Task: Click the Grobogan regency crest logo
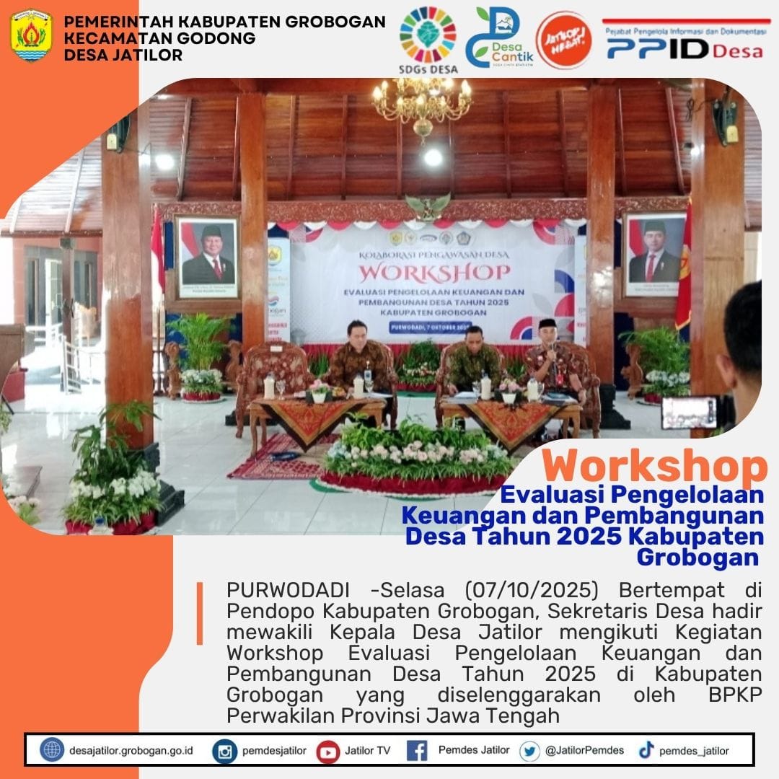31,35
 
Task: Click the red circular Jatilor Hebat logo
564,40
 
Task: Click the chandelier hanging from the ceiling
422,101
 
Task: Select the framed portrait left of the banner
208,255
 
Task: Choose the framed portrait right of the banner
655,254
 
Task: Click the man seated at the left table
358,355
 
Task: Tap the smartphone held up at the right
689,412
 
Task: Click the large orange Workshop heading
654,466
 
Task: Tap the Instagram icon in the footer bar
225,751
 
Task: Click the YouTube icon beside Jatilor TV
328,751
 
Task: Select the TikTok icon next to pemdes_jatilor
646,751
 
